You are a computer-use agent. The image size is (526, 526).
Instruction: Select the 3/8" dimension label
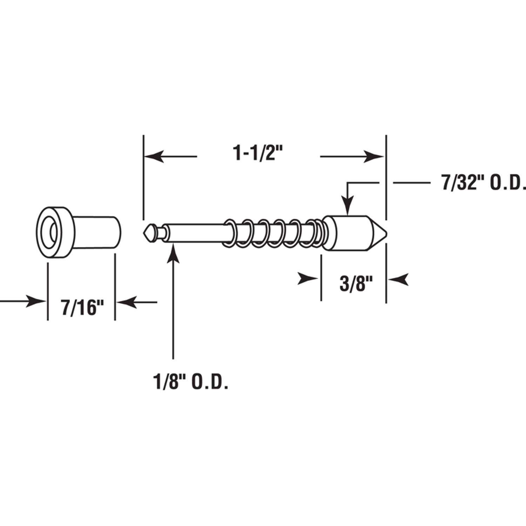(x=355, y=284)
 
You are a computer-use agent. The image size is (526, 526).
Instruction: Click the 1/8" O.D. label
(x=191, y=382)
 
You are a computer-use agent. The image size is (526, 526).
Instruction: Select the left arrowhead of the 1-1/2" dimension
(x=153, y=156)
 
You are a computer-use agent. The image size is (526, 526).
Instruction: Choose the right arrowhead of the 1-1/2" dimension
(x=375, y=156)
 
